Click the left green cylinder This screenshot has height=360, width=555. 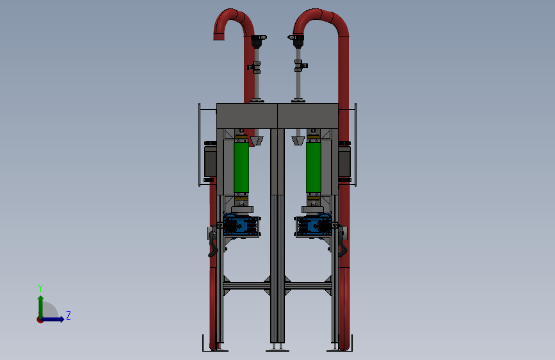(241, 167)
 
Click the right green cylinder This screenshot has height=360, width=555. (313, 167)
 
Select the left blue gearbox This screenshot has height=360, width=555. (242, 225)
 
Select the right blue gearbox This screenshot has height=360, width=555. (313, 225)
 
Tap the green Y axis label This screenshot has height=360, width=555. (40, 288)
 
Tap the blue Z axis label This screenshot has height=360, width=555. (68, 315)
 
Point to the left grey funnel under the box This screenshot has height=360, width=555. (257, 141)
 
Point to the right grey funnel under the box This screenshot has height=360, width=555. (298, 141)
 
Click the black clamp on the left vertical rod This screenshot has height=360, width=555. (255, 67)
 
